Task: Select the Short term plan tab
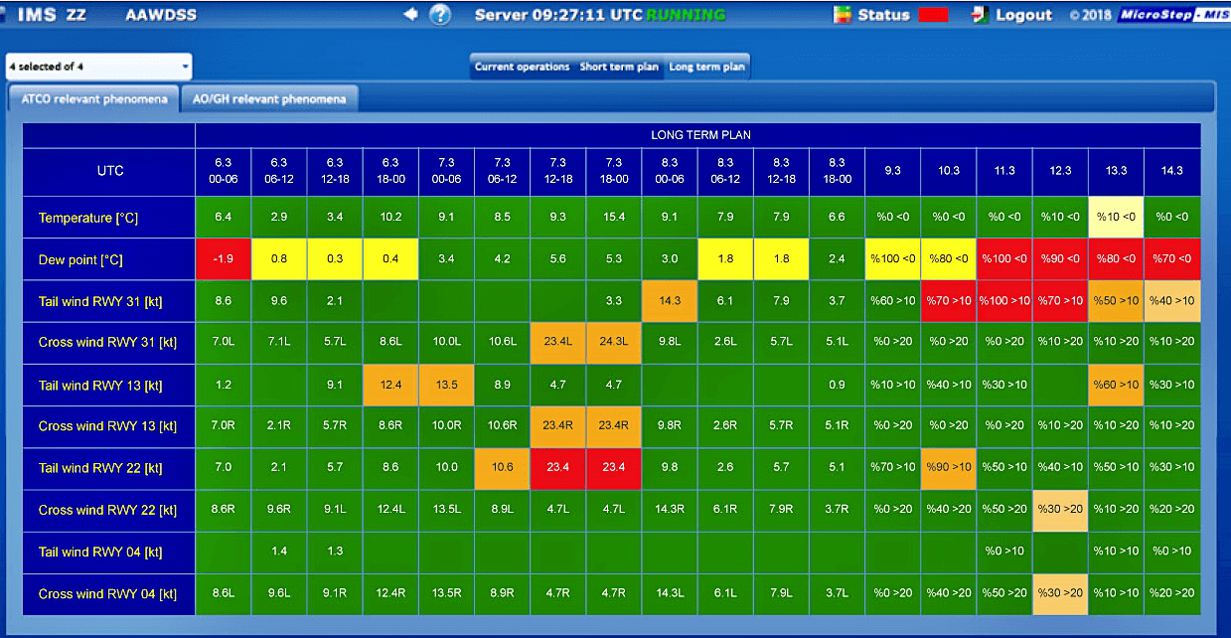[619, 67]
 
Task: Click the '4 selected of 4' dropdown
[98, 67]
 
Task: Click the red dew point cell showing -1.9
[224, 259]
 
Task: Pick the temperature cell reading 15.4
[614, 217]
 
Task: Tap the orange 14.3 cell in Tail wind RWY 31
[670, 300]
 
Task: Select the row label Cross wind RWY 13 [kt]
[107, 425]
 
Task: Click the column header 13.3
[1116, 171]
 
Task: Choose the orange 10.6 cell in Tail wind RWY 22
[502, 467]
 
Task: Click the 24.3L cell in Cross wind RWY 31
[614, 342]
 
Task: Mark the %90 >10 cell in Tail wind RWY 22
[948, 467]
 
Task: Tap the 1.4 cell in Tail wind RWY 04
[279, 551]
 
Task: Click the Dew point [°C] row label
[79, 259]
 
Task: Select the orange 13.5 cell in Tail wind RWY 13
[446, 384]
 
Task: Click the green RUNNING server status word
[686, 15]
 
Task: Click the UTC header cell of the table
[109, 171]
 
